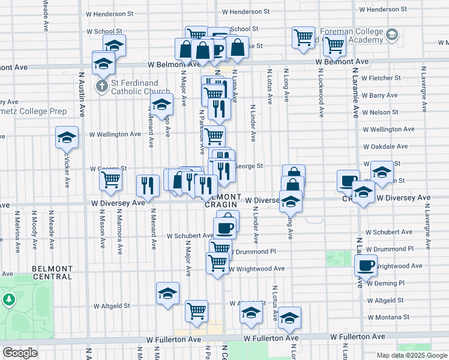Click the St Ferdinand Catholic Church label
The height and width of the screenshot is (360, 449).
click(x=132, y=87)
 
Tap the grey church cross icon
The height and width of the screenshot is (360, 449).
click(x=102, y=86)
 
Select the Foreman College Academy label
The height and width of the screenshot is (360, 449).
click(x=351, y=35)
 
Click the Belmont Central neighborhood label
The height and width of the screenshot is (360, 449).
click(x=53, y=273)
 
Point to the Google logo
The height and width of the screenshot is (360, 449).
click(x=20, y=353)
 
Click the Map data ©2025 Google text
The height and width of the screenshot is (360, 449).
click(x=411, y=355)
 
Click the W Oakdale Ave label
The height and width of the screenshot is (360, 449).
click(x=385, y=146)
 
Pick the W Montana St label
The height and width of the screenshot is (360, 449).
click(x=388, y=317)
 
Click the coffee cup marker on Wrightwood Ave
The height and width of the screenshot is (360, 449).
click(x=366, y=265)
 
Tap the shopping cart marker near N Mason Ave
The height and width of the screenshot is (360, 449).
click(x=111, y=179)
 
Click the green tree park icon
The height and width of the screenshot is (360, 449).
click(x=9, y=299)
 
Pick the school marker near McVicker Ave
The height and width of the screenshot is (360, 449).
click(x=67, y=137)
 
